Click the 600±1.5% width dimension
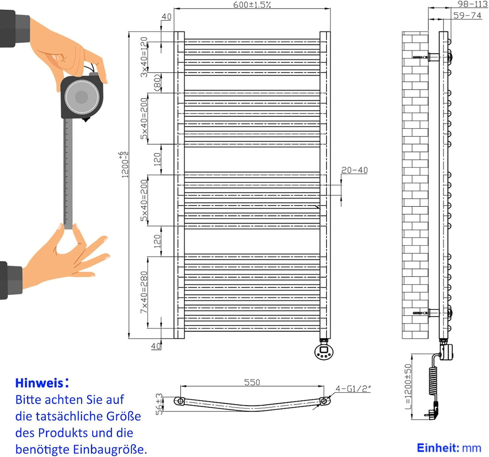pos(252,5)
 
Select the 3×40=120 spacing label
pos(144,57)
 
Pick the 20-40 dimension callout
pos(355,170)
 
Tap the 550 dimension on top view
pos(252,382)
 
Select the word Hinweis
pos(38,383)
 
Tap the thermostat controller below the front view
pos(325,351)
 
